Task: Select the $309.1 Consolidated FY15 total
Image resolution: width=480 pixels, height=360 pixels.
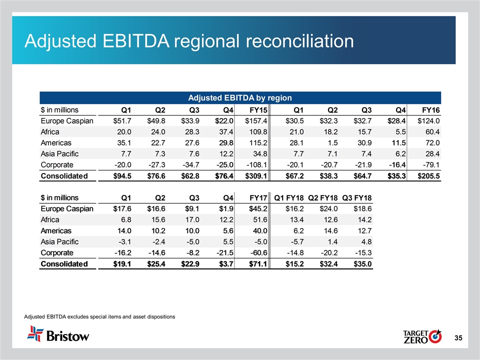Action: tap(253, 175)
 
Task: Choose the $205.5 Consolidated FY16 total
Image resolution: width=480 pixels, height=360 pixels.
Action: tap(426, 175)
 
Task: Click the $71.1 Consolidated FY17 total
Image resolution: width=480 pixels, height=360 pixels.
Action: tap(255, 263)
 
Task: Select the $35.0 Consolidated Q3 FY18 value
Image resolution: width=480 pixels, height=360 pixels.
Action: tap(361, 263)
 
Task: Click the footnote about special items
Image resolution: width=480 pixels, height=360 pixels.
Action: tap(99, 316)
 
